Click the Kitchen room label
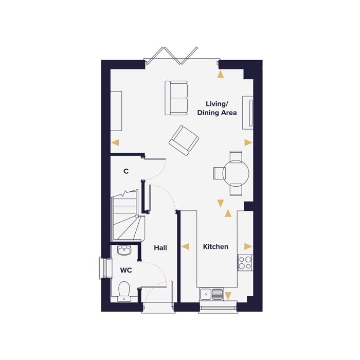pos(215,247)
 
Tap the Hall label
pos(160,248)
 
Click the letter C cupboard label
pos(125,171)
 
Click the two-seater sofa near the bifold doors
pos(176,98)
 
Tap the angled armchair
pos(184,139)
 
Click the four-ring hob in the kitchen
pos(245,263)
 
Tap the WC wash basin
pos(124,250)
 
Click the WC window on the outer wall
pos(106,268)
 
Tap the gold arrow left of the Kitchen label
pos(185,247)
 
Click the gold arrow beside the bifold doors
pos(221,74)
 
